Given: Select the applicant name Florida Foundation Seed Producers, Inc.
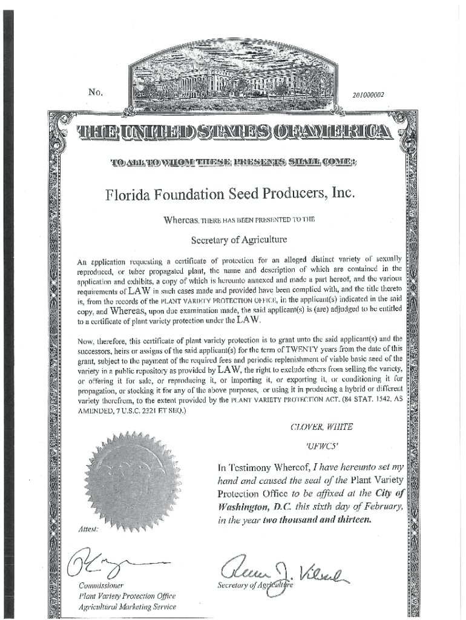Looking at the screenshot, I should point(229,196).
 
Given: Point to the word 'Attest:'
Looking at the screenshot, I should point(89,529).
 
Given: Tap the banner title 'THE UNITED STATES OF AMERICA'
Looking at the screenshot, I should point(234,133).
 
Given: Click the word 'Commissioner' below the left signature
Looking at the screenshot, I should point(101,585).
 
